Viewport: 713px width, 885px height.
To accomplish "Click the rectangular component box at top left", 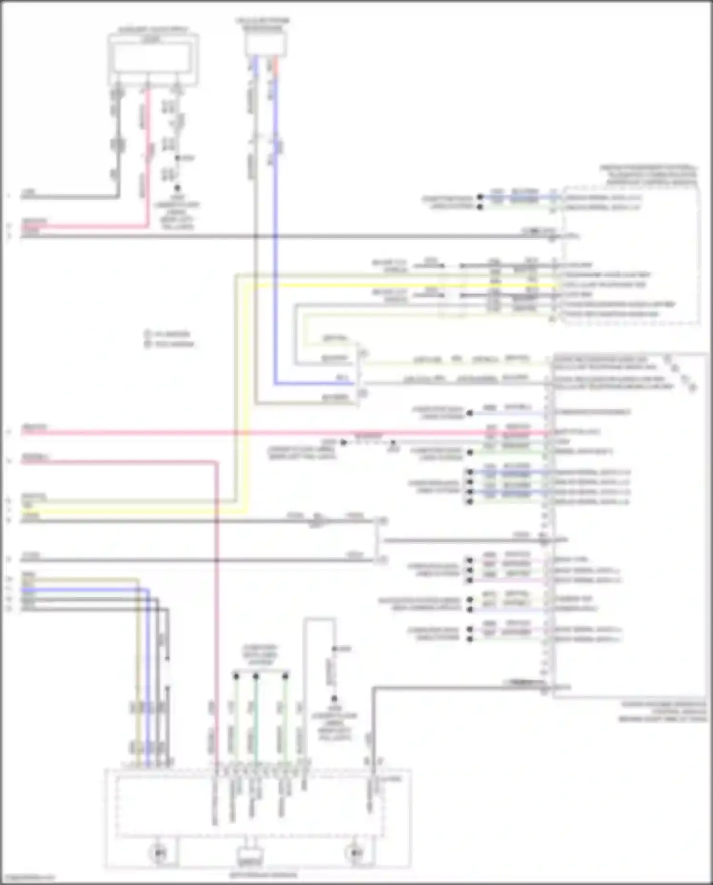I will (153, 59).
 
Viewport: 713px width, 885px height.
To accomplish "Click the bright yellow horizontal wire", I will (380, 285).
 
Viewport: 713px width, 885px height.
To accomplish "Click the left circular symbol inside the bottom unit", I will (159, 853).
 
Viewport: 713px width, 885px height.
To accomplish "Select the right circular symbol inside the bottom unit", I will (355, 853).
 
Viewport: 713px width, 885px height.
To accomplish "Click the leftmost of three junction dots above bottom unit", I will (236, 675).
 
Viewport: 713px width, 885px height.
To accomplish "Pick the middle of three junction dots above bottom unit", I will (256, 675).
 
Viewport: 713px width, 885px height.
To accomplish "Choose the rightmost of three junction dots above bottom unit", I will (285, 675).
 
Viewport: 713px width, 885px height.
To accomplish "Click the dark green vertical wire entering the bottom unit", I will (256, 723).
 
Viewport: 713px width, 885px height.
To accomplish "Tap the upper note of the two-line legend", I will (171, 334).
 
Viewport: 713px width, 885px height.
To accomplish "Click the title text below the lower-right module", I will (663, 711).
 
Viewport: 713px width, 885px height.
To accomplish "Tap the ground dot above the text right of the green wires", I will (334, 698).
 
